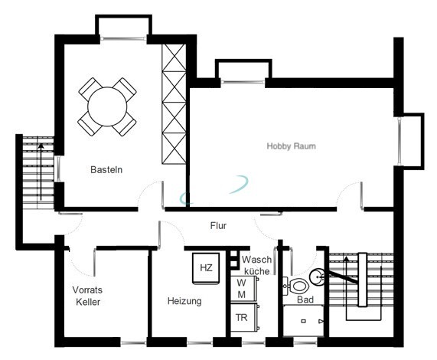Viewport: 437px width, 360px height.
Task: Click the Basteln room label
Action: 106,169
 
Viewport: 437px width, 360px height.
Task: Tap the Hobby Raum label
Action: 292,146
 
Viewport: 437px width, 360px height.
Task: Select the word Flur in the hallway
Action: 218,226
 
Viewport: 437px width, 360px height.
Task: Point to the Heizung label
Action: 184,301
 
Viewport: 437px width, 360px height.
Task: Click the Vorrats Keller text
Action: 87,296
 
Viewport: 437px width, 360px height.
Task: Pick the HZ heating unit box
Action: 206,268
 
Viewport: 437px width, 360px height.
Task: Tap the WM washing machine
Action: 243,289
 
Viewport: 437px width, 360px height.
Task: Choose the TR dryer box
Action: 243,317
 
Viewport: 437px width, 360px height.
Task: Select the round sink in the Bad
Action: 317,277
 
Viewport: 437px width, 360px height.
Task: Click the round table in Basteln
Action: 107,106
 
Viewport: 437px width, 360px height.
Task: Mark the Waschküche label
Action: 256,265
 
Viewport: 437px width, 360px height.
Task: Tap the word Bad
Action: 305,299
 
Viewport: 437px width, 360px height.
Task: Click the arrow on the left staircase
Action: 41,172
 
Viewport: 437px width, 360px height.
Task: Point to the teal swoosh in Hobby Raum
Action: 214,190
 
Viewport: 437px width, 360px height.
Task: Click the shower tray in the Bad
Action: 303,321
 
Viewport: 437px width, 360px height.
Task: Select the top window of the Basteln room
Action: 123,38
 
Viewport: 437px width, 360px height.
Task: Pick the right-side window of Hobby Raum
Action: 399,142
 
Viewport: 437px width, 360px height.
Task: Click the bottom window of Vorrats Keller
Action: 133,342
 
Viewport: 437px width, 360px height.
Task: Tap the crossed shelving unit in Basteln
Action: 174,104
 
